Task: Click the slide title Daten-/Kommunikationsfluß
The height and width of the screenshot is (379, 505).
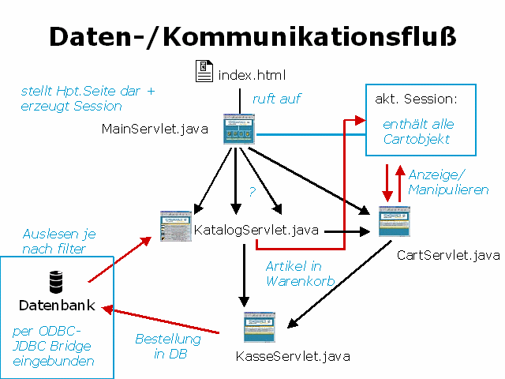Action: pos(252,36)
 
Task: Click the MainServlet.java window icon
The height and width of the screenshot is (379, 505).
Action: pos(239,132)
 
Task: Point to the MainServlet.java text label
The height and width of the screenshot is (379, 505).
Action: pos(155,129)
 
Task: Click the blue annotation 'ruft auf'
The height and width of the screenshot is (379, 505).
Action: pos(276,99)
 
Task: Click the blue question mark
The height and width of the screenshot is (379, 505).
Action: pos(252,192)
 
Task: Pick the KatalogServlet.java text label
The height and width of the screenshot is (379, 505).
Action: pos(256,231)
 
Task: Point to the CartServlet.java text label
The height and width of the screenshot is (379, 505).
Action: pos(448,255)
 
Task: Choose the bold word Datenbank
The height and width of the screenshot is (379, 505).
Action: pos(57,306)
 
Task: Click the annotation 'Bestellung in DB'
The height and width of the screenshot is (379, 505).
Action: pos(167,346)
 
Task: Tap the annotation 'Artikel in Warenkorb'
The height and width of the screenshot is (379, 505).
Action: pos(299,273)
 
